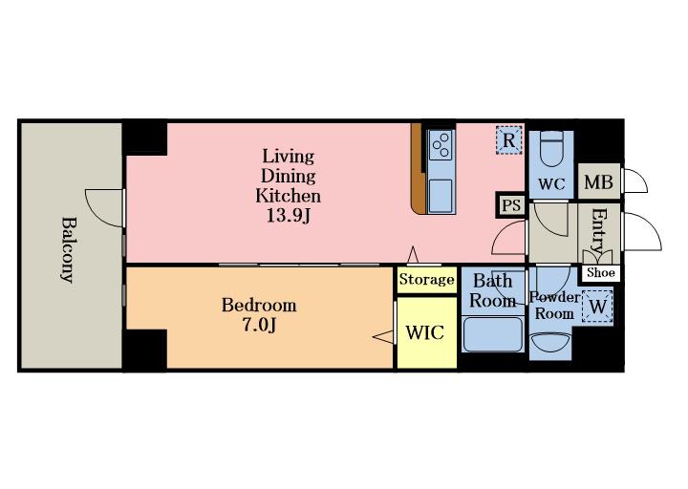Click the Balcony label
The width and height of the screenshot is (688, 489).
click(x=67, y=249)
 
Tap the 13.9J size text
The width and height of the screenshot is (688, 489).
click(x=289, y=215)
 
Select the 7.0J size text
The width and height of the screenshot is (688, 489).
click(x=259, y=325)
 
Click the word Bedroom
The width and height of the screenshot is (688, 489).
click(x=259, y=305)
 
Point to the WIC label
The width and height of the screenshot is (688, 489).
click(x=424, y=333)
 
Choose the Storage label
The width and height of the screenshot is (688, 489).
click(x=426, y=280)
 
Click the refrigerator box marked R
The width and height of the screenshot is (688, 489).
click(x=509, y=139)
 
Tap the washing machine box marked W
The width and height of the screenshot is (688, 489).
click(x=597, y=307)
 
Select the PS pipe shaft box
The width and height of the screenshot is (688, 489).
click(x=511, y=204)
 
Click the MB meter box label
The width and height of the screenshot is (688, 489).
click(x=598, y=182)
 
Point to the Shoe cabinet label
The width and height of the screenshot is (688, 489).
click(x=601, y=273)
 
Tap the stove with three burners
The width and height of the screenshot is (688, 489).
click(x=441, y=145)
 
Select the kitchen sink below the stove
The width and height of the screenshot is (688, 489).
click(x=441, y=196)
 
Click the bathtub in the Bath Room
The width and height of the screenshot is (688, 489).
click(x=493, y=333)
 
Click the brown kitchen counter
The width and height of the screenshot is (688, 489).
click(x=419, y=169)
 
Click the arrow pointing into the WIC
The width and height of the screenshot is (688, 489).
click(x=383, y=337)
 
